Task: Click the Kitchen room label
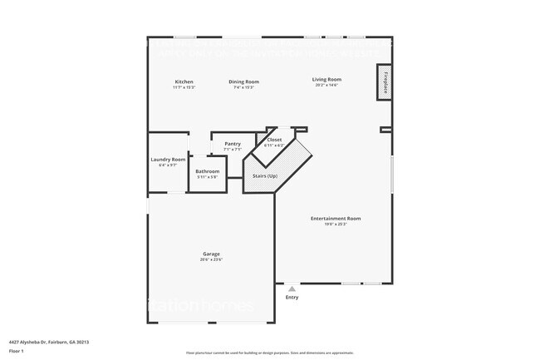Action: point(184,81)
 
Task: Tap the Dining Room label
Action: point(244,81)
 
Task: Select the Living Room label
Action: point(326,80)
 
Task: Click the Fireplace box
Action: point(385,83)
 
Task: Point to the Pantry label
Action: point(233,144)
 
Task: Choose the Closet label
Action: point(274,140)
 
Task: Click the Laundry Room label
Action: point(168,160)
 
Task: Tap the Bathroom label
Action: point(208,171)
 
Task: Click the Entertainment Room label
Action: point(336,219)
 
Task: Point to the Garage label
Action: point(211,254)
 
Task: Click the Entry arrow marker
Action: point(292,288)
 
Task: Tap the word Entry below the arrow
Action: point(292,297)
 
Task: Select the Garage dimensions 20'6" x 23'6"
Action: point(211,259)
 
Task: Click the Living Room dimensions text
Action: point(326,86)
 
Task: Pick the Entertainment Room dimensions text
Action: point(336,224)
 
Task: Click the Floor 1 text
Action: point(18,350)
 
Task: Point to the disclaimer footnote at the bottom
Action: point(269,353)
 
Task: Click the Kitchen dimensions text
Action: point(184,87)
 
